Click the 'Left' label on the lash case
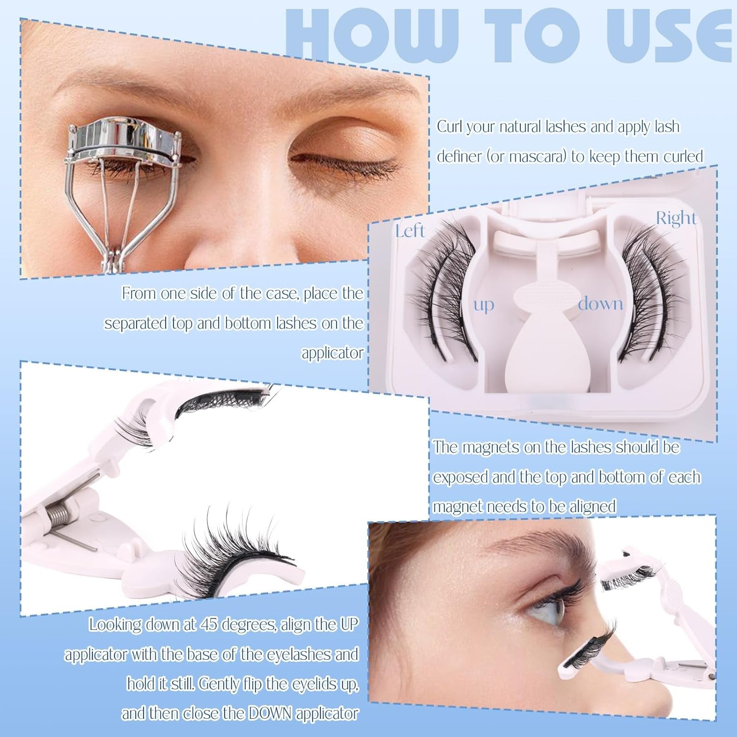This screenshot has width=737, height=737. [410, 231]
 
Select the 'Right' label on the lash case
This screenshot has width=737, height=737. [676, 218]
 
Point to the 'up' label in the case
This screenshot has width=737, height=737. [483, 305]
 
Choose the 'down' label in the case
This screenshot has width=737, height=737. [600, 304]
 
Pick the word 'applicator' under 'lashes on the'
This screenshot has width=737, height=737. [332, 353]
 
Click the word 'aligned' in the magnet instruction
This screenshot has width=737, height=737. [592, 507]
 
